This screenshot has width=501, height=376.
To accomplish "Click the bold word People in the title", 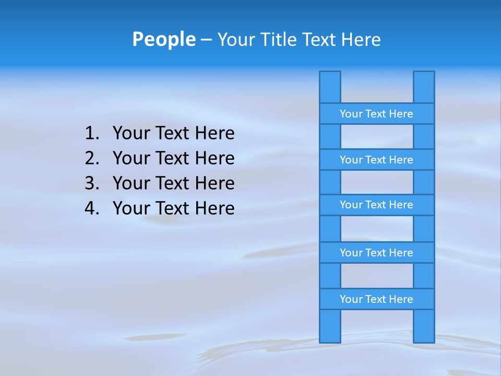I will pyautogui.click(x=163, y=39).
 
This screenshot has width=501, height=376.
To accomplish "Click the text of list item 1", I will pyautogui.click(x=173, y=134).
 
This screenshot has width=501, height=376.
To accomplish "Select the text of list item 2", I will pyautogui.click(x=173, y=158).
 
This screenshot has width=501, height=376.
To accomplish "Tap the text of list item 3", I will pyautogui.click(x=173, y=183).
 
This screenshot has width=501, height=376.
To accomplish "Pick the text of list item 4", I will pyautogui.click(x=173, y=208).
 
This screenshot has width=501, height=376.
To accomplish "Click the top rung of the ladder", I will pyautogui.click(x=376, y=114).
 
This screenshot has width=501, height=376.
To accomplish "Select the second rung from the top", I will pyautogui.click(x=376, y=160).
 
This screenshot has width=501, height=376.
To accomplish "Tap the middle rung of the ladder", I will pyautogui.click(x=376, y=205).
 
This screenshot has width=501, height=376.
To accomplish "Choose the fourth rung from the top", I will pyautogui.click(x=376, y=253).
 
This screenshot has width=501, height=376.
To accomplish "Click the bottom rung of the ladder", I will pyautogui.click(x=376, y=299).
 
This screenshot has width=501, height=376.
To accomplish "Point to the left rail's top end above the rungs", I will pyautogui.click(x=330, y=87).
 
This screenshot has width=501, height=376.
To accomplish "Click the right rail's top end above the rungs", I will pyautogui.click(x=424, y=87).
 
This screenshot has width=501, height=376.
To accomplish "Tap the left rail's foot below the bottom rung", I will pyautogui.click(x=330, y=326).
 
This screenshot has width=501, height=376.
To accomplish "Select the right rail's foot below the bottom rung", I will pyautogui.click(x=424, y=326).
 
